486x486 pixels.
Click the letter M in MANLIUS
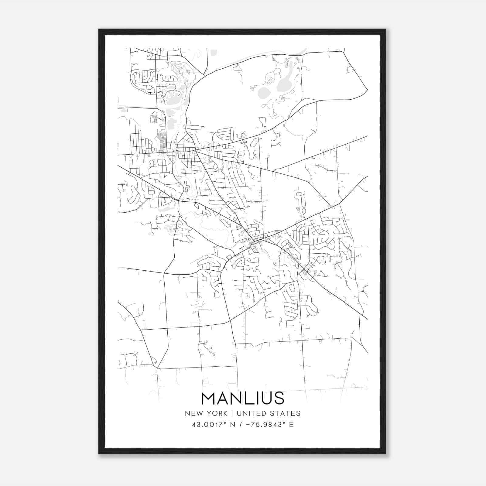[x=209, y=399]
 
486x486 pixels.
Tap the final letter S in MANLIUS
[x=279, y=399]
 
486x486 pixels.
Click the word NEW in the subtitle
[x=193, y=413]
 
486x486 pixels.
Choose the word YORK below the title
[x=216, y=413]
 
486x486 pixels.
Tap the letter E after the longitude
[x=292, y=425]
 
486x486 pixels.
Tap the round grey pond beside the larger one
[x=263, y=92]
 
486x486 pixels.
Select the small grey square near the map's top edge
[x=214, y=53]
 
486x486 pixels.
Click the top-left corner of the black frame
[x=99, y=29]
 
